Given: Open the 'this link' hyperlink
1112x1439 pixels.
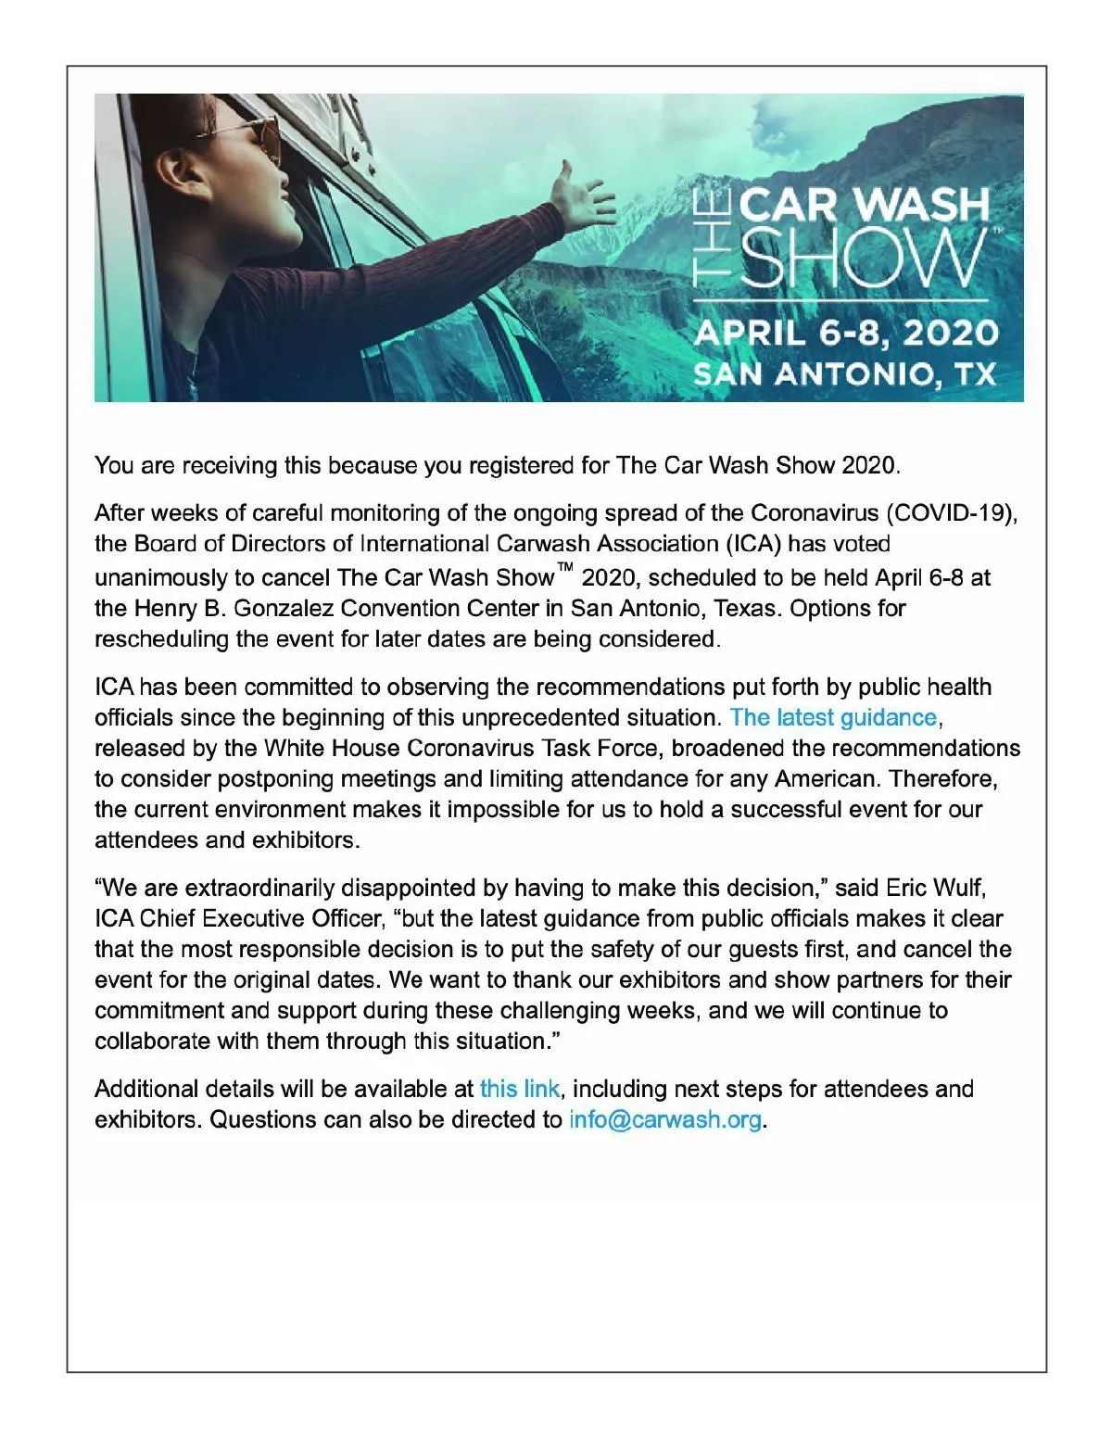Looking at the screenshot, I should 519,1089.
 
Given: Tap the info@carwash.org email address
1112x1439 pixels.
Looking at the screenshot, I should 665,1119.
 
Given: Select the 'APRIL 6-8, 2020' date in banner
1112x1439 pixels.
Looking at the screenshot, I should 845,333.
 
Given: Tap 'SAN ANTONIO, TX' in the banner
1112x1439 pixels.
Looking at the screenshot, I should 844,374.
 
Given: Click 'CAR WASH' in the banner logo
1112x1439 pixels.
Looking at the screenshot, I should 864,205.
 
